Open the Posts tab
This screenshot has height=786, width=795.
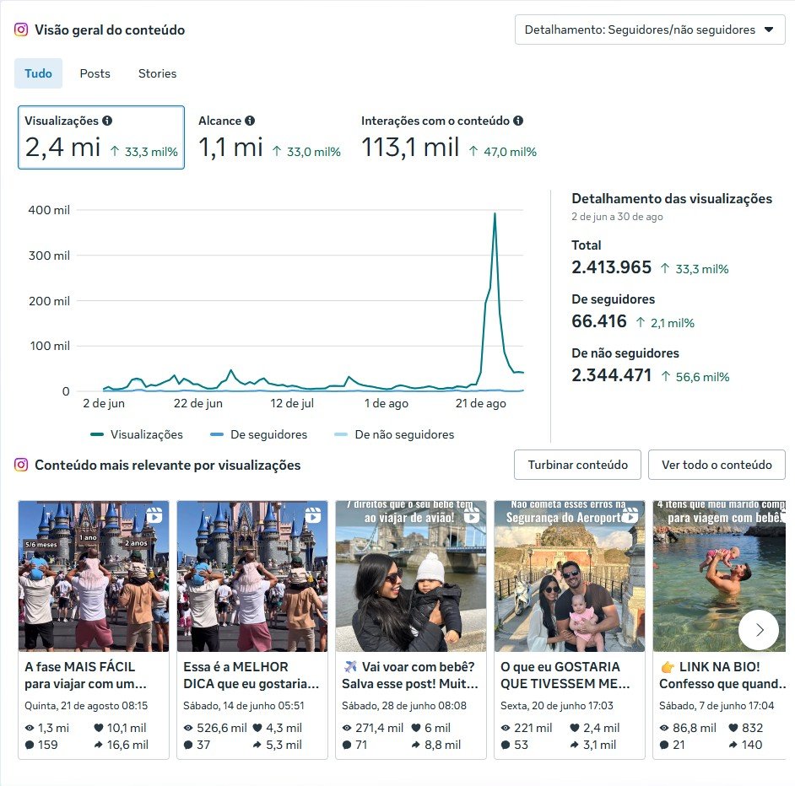(x=95, y=73)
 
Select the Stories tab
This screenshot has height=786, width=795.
(x=157, y=73)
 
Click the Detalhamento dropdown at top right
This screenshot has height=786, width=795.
(x=650, y=30)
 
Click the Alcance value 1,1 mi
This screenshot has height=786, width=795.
(x=230, y=148)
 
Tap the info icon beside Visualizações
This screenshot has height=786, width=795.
(x=107, y=121)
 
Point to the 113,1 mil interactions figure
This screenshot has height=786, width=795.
(x=410, y=148)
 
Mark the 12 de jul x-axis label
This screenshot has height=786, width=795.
(x=292, y=404)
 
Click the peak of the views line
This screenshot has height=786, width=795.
(x=495, y=214)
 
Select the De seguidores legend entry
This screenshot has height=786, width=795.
(x=268, y=435)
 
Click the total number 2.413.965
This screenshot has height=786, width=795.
(x=612, y=267)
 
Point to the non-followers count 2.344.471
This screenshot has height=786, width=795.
(x=612, y=375)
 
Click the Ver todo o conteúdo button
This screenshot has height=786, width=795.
(x=717, y=465)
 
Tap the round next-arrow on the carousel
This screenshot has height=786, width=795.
(x=758, y=629)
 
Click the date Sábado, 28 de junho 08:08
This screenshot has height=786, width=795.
(x=404, y=706)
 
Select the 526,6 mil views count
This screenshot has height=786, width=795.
(x=215, y=728)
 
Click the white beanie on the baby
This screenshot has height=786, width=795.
(x=430, y=567)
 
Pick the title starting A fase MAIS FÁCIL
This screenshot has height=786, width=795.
(x=86, y=675)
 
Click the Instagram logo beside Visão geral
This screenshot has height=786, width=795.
(x=21, y=30)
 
